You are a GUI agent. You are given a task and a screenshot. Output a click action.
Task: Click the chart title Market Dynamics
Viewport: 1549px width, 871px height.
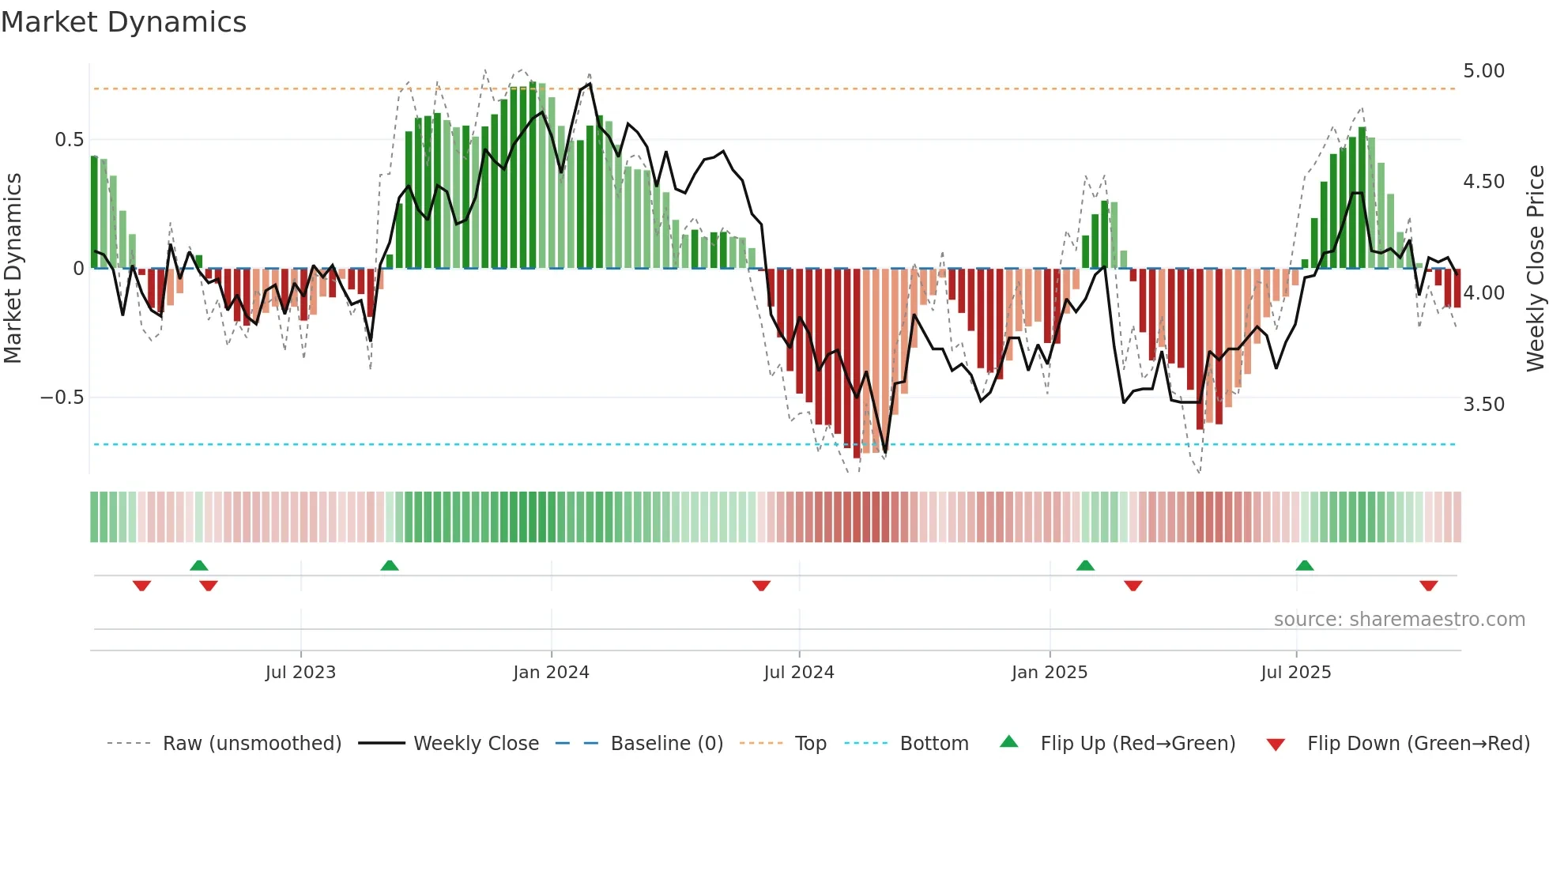click(124, 22)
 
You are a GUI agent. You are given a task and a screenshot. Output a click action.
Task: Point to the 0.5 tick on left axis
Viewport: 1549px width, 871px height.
click(69, 140)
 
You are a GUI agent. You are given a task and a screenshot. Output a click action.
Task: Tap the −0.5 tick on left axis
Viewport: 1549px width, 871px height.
click(62, 398)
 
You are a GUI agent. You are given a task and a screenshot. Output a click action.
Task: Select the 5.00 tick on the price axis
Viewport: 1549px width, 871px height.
click(1483, 71)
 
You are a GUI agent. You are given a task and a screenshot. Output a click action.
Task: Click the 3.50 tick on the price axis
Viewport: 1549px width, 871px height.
click(1483, 405)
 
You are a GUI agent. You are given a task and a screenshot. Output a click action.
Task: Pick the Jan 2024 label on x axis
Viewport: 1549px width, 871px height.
click(551, 673)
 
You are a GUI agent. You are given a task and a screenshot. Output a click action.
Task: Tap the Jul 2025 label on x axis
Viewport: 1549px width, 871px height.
click(1295, 673)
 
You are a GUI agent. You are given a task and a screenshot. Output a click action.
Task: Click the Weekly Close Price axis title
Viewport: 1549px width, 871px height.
click(1535, 269)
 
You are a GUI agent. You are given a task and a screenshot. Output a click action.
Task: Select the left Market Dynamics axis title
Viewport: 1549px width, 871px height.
click(13, 269)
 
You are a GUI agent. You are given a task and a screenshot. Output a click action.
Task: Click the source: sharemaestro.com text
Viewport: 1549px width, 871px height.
click(1399, 620)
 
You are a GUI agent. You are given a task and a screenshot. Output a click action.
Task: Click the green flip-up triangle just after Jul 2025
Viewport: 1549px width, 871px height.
click(1305, 566)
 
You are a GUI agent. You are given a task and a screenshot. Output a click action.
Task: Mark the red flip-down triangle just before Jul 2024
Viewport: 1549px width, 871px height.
click(761, 586)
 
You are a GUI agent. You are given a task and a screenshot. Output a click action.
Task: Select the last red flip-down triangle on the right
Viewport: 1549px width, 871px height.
click(1428, 586)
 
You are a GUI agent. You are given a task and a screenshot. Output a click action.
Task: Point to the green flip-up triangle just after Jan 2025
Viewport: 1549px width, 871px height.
click(1085, 566)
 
